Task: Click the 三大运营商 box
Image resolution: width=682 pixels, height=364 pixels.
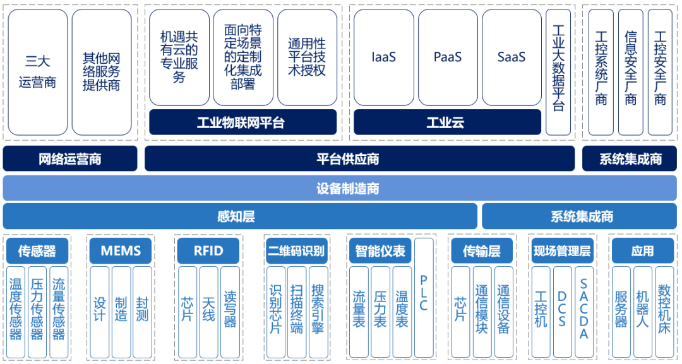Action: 38,72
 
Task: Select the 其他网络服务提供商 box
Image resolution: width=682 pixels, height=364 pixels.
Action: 102,72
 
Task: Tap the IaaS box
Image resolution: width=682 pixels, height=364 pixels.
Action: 383,57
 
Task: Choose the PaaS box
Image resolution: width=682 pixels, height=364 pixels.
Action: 448,57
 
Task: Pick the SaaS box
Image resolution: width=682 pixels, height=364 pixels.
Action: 512,57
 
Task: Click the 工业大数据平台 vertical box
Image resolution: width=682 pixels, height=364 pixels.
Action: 558,71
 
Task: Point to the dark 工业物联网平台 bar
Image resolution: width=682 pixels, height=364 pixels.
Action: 242,122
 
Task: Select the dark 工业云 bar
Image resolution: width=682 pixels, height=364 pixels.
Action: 446,122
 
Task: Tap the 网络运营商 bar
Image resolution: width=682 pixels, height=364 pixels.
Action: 69,158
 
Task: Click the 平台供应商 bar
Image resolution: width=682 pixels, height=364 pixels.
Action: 359,158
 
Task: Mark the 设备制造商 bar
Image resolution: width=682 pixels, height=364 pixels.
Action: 340,188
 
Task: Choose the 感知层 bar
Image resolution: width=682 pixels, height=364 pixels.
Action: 239,216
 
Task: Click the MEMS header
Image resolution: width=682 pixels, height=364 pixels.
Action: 121,251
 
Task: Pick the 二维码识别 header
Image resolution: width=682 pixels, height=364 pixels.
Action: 296,251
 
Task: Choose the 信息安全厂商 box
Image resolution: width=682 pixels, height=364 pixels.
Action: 630,71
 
